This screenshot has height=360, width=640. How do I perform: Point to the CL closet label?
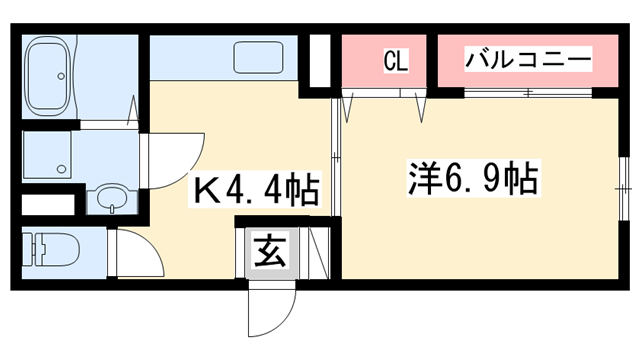[396, 62]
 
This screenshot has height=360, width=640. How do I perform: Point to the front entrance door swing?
[272, 310]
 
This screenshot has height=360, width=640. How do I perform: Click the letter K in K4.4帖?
[205, 188]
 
